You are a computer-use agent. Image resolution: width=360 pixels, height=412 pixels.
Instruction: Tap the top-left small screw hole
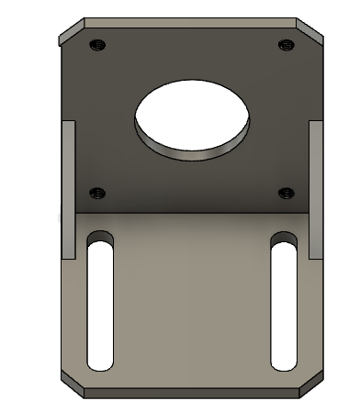point(96,43)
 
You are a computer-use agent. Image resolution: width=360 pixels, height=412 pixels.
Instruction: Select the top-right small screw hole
point(284,43)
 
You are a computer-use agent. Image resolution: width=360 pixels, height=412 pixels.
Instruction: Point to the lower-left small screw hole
point(97,192)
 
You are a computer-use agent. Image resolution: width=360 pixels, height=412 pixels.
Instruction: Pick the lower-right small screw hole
point(286,192)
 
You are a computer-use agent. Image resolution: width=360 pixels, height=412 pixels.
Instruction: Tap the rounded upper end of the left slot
point(100,239)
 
